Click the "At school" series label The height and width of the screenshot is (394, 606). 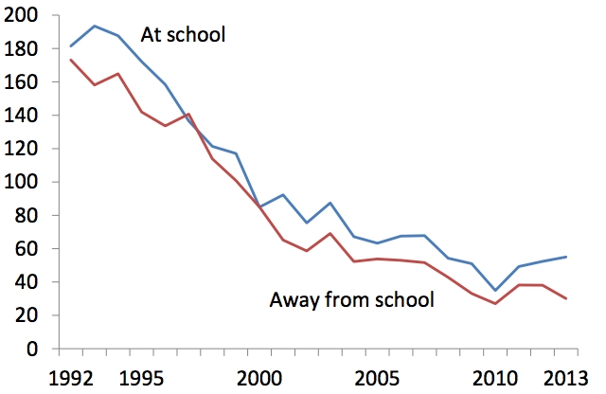185,36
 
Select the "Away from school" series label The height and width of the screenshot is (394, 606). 351,301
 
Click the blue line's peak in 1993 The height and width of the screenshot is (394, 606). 94,27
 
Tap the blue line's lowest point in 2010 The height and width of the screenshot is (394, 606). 493,290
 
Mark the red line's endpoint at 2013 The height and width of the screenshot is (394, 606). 566,298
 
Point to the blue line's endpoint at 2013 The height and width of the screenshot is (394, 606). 566,257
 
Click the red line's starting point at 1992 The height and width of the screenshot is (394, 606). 70,60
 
